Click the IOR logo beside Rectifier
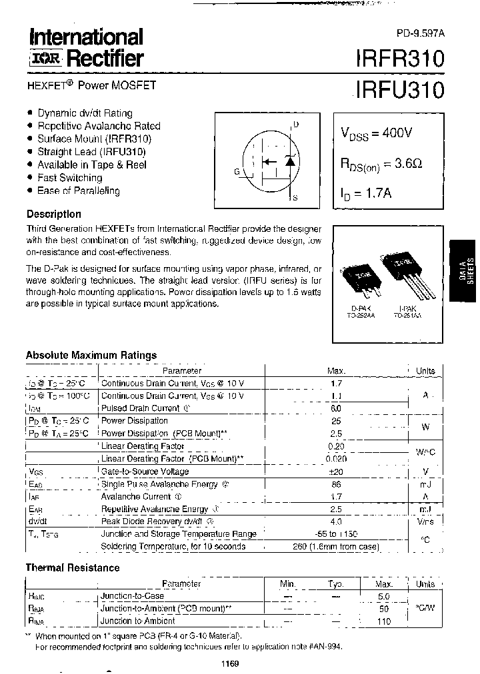[45, 59]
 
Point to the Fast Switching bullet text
[70, 178]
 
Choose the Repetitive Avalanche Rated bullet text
[99, 126]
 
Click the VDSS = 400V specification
[377, 133]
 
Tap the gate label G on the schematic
[237, 171]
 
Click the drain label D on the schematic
[296, 125]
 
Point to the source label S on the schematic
[295, 198]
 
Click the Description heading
[54, 214]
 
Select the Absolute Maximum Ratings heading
[91, 356]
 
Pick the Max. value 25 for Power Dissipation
[336, 421]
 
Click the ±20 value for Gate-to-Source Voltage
[335, 472]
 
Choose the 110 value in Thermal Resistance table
[383, 621]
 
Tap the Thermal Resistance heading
[73, 568]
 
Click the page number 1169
[229, 664]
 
